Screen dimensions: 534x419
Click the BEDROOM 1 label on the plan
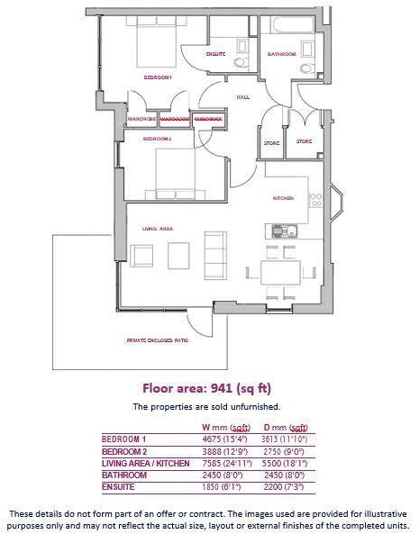[158, 77]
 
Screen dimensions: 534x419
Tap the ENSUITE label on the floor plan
[215, 55]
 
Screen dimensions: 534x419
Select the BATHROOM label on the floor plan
[281, 55]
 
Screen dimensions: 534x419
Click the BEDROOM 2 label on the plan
[158, 140]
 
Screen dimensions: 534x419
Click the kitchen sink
[284, 230]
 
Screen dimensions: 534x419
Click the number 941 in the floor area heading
[222, 389]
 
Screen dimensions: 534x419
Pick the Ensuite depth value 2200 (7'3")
[285, 487]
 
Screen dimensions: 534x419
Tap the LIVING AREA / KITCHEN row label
[145, 463]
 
